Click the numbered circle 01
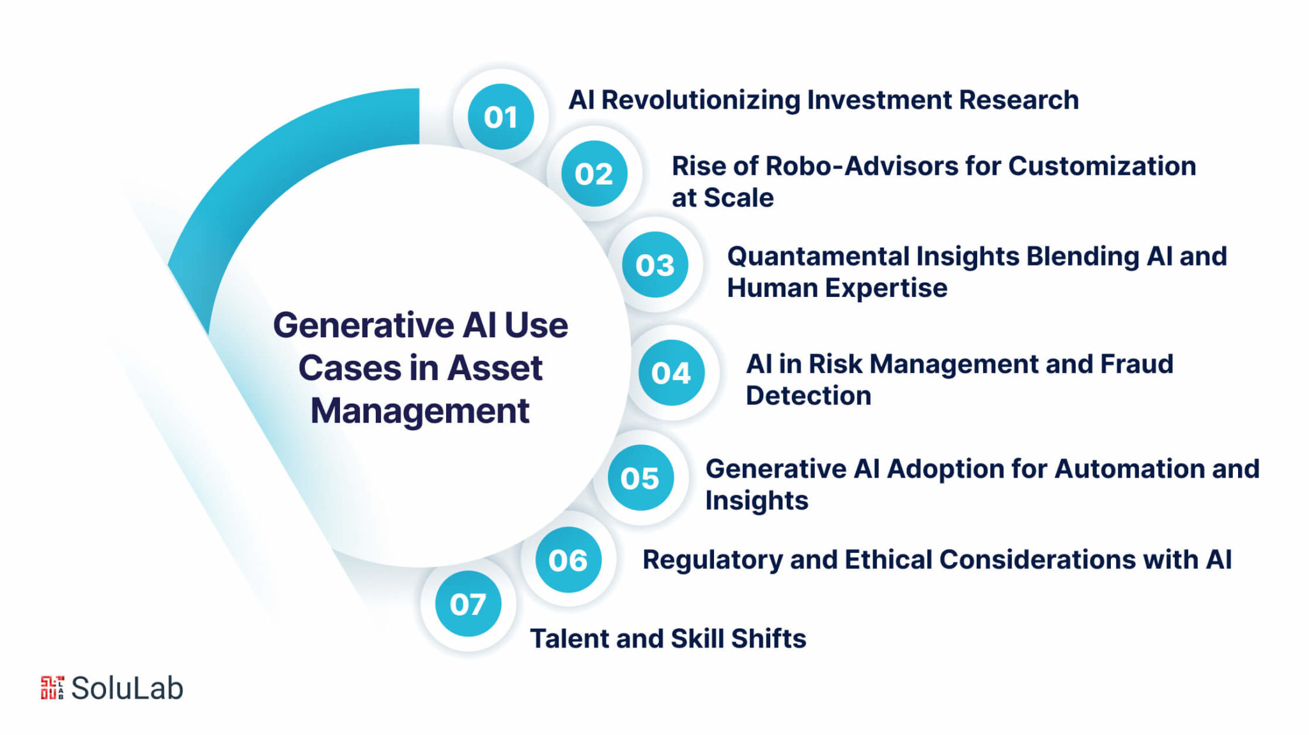(500, 117)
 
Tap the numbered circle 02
(594, 174)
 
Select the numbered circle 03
(655, 264)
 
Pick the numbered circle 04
(671, 372)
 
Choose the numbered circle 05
(640, 478)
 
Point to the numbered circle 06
(568, 560)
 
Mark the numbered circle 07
(468, 603)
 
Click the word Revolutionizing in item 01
(701, 101)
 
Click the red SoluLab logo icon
(52, 688)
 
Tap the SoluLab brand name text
(127, 688)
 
